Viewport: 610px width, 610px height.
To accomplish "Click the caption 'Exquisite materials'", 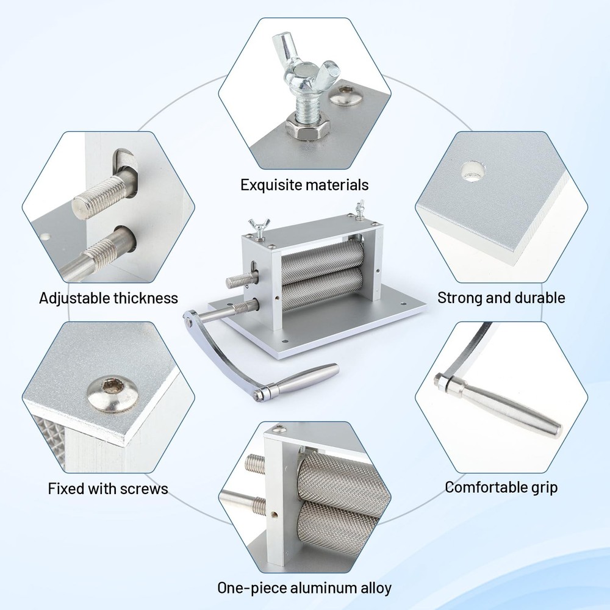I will [304, 184].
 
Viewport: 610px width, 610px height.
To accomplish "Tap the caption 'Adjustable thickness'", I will [109, 298].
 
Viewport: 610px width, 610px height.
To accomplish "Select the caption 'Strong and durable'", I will [501, 298].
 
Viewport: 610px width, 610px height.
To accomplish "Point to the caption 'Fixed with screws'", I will [108, 489].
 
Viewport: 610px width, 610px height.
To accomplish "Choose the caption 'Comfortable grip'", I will [501, 487].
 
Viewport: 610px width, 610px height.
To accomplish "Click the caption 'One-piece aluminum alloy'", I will [304, 588].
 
